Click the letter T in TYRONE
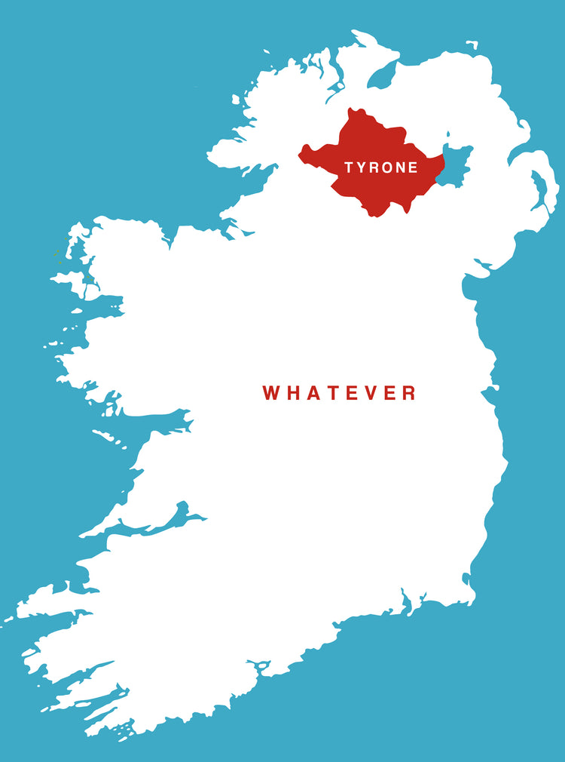click(350, 167)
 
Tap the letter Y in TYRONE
click(362, 167)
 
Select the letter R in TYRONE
click(375, 167)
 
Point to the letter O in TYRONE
click(387, 167)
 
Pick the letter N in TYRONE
click(401, 167)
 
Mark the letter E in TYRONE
click(413, 167)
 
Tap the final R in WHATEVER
click(408, 393)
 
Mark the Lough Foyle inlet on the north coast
click(382, 75)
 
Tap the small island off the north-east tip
click(472, 44)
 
